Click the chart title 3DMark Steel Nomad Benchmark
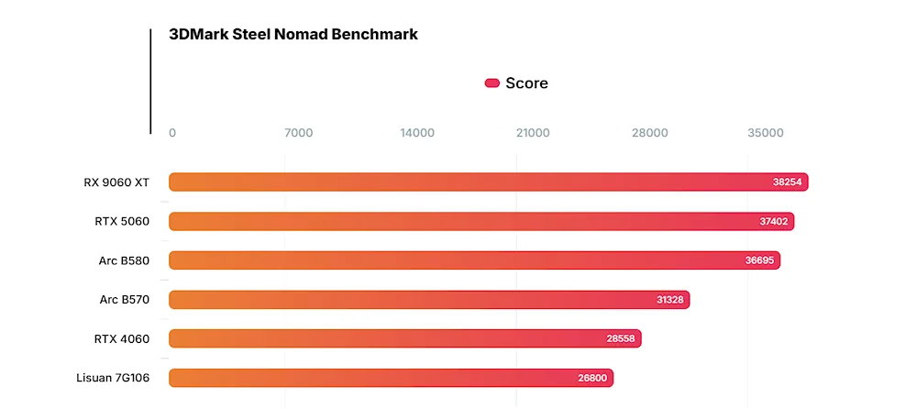click(x=293, y=35)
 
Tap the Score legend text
click(x=526, y=83)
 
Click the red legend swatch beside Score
click(x=492, y=83)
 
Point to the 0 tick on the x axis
click(x=172, y=133)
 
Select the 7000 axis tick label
click(x=299, y=133)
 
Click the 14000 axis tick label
click(x=417, y=133)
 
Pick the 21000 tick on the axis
click(x=533, y=133)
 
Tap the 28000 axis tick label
click(x=649, y=133)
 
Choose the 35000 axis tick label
click(x=766, y=133)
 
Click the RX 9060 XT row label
click(x=116, y=182)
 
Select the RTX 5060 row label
click(x=122, y=221)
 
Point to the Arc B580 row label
click(x=124, y=260)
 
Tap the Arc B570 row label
click(x=124, y=299)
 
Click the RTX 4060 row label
click(x=122, y=338)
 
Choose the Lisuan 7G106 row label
click(x=113, y=378)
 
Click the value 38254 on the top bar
click(x=787, y=182)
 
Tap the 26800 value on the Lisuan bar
click(x=592, y=378)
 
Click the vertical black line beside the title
click(x=150, y=81)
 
